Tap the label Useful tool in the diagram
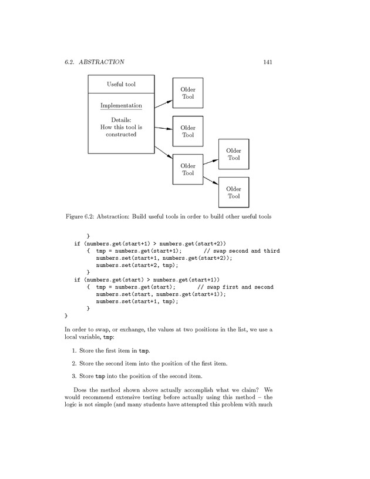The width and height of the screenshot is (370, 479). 121,84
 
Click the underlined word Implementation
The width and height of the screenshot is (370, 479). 121,106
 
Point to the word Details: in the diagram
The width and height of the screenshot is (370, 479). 121,120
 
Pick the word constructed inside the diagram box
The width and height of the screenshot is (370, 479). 121,134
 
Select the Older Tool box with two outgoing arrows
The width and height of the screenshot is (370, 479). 188,169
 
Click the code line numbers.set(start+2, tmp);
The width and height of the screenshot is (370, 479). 137,265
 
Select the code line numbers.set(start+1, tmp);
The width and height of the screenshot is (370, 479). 137,301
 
